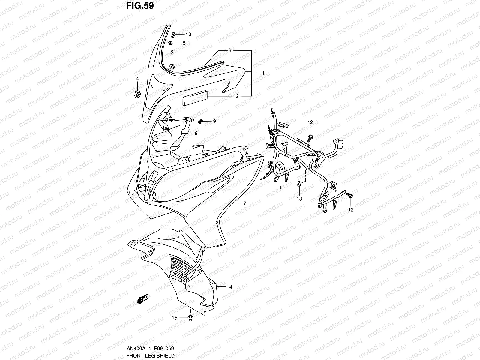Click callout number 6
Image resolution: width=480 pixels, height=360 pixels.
tap(172, 52)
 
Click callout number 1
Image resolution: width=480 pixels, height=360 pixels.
tap(263, 73)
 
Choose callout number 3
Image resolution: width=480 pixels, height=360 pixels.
tap(238, 50)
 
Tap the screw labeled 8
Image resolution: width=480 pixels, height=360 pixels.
tap(195, 146)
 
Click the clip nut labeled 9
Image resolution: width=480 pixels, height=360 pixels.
tap(201, 121)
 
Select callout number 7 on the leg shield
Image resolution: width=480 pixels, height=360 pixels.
tap(244, 203)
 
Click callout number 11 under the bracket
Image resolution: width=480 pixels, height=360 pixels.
tap(281, 188)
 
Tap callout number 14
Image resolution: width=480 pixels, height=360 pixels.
tap(229, 287)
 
